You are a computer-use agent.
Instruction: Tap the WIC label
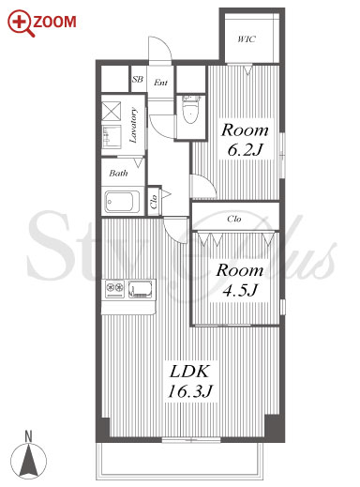coord(247,39)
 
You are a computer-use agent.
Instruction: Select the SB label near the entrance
coord(138,79)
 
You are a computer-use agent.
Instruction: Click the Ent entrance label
coord(160,83)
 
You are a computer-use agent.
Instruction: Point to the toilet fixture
coord(190,110)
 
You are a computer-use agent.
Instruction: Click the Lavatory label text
coord(134,125)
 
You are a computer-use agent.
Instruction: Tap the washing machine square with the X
coord(112,111)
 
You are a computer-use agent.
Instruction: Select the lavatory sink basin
coord(112,137)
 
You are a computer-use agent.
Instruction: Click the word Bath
coord(118,173)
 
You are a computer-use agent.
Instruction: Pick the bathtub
coord(122,202)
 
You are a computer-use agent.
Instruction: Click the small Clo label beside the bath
coord(154,202)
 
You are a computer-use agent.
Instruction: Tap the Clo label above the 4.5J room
coord(234,219)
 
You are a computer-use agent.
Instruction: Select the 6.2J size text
coord(245,150)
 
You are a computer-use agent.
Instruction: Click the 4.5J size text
coord(240,290)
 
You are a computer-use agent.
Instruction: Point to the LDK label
coord(189,372)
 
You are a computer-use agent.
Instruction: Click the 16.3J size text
coord(190,391)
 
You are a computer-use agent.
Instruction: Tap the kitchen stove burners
coord(114,287)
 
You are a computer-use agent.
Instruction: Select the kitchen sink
coord(142,289)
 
